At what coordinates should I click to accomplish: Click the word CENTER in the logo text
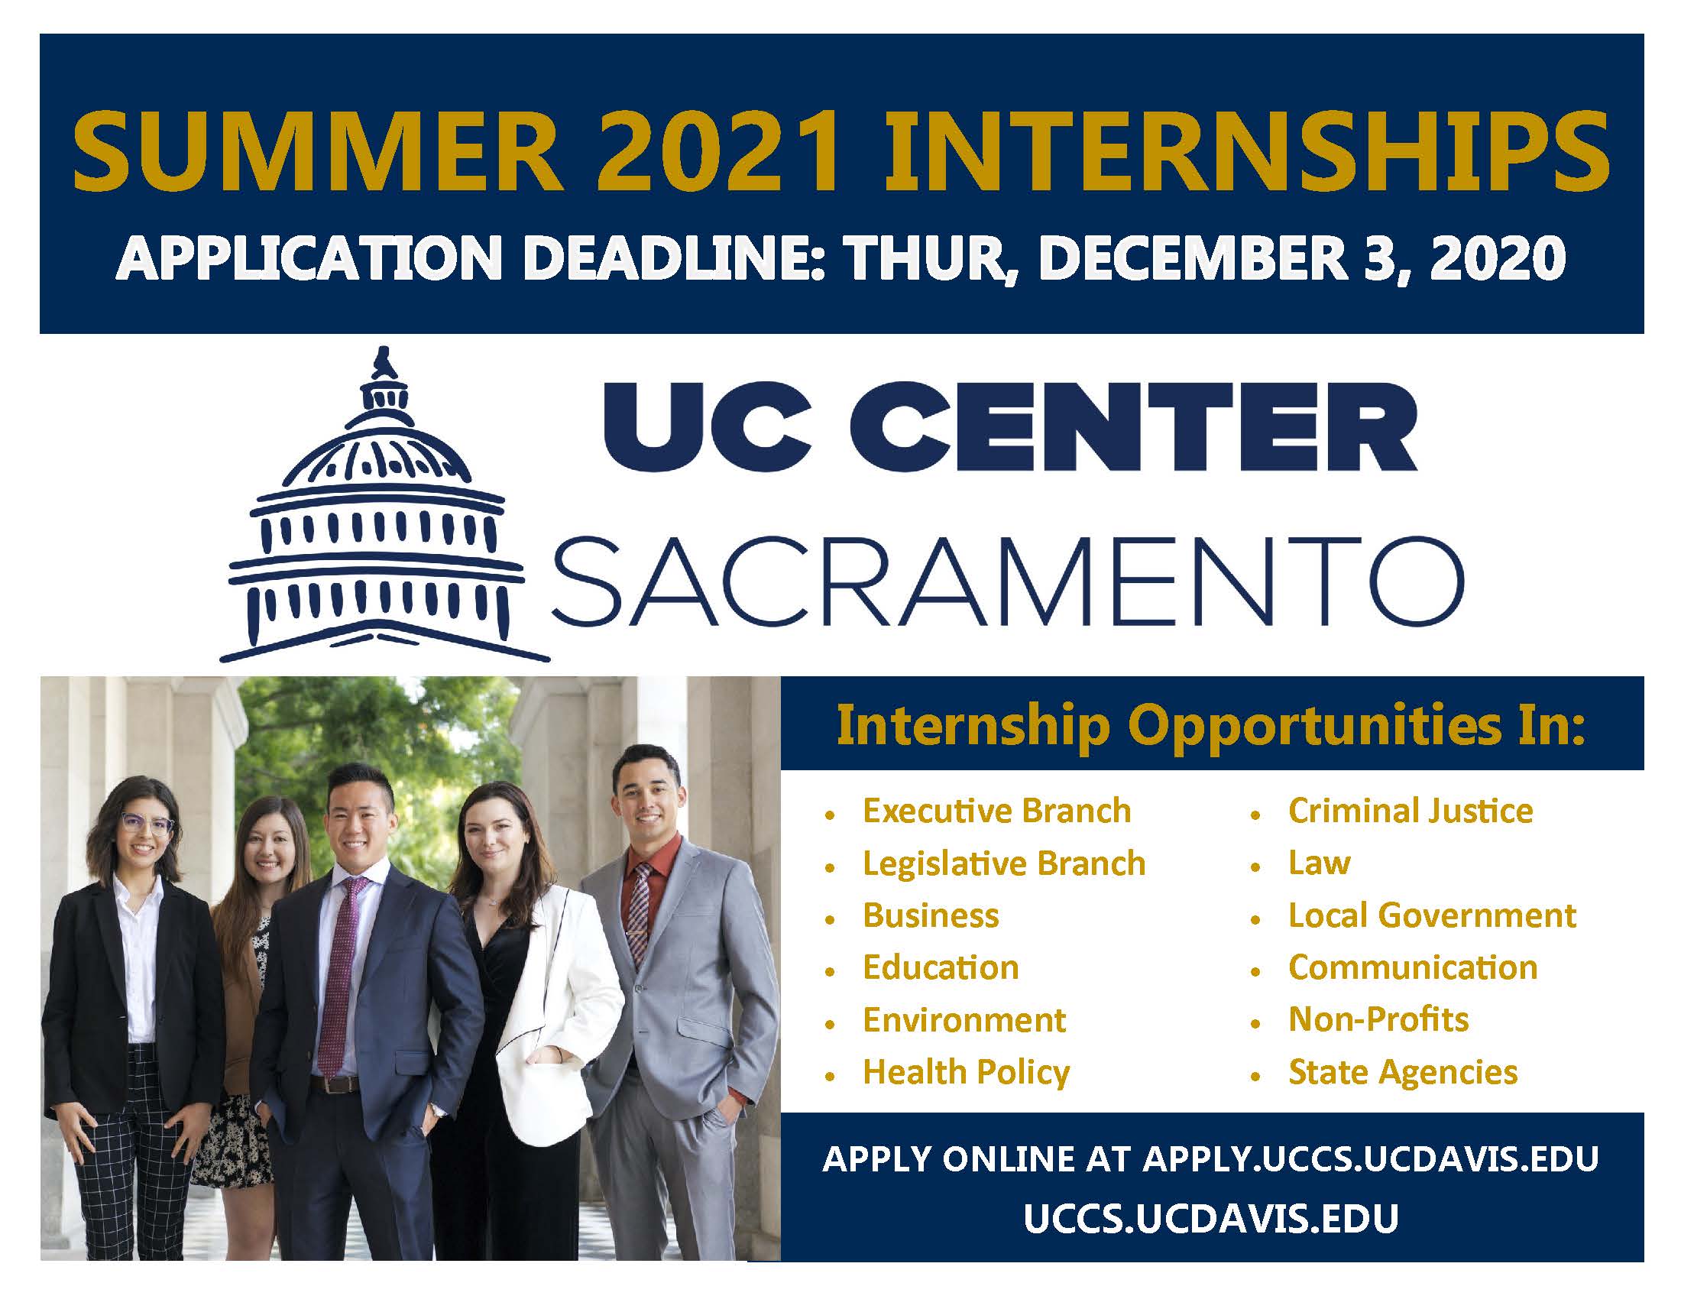click(1146, 428)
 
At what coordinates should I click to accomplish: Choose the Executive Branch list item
click(996, 811)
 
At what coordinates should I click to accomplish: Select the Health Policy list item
click(966, 1073)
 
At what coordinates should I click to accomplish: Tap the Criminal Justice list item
click(1410, 811)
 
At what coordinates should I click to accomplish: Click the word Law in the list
click(1320, 863)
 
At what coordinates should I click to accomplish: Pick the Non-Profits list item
click(1378, 1019)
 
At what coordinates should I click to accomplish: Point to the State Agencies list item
click(1403, 1073)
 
